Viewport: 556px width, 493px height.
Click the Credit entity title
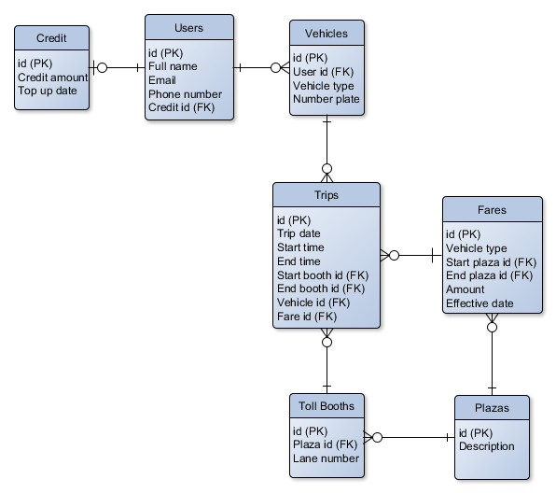click(50, 38)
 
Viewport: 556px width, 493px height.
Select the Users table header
click(188, 27)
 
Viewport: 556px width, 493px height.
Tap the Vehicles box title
click(326, 34)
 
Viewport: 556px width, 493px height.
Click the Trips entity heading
click(327, 196)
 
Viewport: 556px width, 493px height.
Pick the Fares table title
click(492, 210)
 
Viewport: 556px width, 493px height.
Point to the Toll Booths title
click(326, 406)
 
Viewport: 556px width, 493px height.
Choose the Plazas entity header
click(492, 409)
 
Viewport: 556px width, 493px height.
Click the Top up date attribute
click(49, 92)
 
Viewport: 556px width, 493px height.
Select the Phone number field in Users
click(185, 94)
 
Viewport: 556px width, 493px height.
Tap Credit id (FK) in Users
click(181, 108)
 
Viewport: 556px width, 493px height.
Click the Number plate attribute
click(327, 100)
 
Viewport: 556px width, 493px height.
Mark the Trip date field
click(299, 234)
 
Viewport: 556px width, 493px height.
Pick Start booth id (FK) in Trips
click(323, 275)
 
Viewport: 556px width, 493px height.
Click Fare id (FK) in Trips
click(306, 317)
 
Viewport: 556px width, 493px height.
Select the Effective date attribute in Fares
click(480, 303)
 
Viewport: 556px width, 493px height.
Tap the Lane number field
click(326, 458)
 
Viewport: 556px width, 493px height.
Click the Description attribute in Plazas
click(486, 446)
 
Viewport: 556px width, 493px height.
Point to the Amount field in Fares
click(466, 290)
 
